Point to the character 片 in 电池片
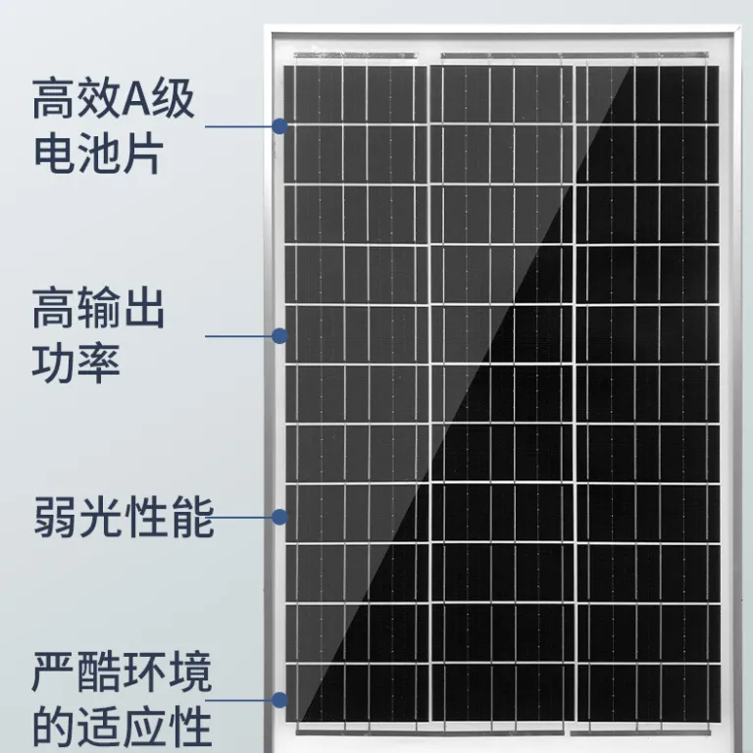[x=141, y=155]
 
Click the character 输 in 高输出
[x=98, y=308]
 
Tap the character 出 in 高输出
[x=144, y=308]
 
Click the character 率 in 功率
[x=98, y=363]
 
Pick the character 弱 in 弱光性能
[x=54, y=518]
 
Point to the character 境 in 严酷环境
[x=191, y=672]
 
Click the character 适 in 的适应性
[x=99, y=727]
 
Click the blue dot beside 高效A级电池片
[x=280, y=126]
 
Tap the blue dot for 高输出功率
[x=280, y=335]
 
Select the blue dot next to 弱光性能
[x=280, y=518]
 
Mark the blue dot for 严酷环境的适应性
[x=280, y=700]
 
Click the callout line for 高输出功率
[x=238, y=335]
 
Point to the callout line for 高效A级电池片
[x=238, y=126]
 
